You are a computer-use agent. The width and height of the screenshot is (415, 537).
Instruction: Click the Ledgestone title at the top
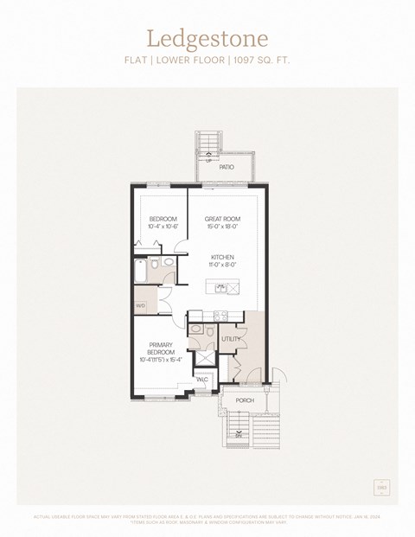click(207, 39)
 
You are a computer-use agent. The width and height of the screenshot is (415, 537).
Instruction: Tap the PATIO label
click(227, 167)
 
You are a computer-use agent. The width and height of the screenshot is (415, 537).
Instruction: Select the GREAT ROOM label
click(222, 218)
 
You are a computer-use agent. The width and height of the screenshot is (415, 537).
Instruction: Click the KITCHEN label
click(222, 257)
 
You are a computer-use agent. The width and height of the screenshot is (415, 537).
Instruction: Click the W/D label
click(140, 305)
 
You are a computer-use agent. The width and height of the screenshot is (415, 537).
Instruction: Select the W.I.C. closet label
click(201, 379)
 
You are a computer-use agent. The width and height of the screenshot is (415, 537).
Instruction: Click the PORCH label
click(245, 400)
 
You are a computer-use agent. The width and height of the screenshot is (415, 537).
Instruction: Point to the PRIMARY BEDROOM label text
click(161, 348)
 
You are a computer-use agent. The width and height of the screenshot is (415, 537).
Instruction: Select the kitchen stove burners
click(220, 316)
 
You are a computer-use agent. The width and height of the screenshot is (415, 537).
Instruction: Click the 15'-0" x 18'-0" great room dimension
click(222, 227)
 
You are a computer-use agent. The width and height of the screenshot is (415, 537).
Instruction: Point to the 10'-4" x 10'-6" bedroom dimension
click(163, 227)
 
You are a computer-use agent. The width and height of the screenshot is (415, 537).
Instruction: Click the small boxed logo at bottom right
click(380, 488)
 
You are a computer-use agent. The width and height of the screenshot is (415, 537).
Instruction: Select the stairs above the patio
click(207, 144)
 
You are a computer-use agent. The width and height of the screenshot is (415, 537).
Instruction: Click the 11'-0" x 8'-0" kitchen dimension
click(222, 265)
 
